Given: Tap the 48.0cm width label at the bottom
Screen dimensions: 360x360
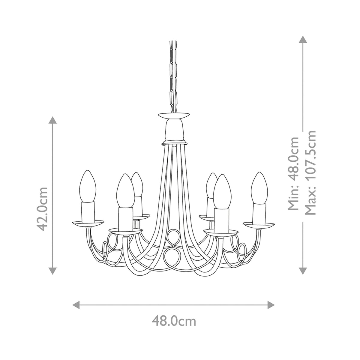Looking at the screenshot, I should click(174, 321).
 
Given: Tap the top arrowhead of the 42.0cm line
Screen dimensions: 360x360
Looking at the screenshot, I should click(53, 120).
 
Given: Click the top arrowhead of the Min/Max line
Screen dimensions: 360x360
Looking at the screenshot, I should click(303, 40).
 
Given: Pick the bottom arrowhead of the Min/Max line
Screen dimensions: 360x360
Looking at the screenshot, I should click(303, 271).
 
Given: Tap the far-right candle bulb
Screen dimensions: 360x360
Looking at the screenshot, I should click(259, 188).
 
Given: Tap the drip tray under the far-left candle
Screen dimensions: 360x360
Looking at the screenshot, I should click(88, 223).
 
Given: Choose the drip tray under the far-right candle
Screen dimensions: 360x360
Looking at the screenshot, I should click(259, 224).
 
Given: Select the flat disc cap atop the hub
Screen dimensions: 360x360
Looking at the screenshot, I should click(174, 115).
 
